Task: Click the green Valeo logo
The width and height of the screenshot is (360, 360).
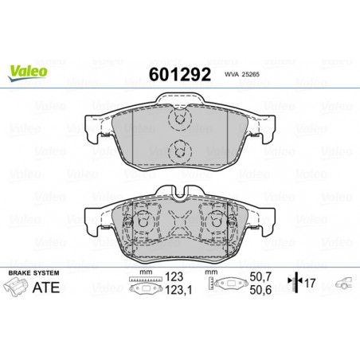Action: coord(28,72)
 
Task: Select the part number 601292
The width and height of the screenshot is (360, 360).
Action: coord(180,74)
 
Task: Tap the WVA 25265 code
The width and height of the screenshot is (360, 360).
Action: coord(242,75)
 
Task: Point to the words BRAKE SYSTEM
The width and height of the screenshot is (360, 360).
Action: coord(33,273)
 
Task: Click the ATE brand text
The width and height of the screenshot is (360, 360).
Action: coord(46,288)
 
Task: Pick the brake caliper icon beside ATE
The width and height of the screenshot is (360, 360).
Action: coord(16,287)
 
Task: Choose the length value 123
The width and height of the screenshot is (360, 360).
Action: coord(174,276)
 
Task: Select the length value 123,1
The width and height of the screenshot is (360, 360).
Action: coord(178,290)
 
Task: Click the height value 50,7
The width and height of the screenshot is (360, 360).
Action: coord(260,276)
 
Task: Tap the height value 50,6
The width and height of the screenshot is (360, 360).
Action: coord(260,290)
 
